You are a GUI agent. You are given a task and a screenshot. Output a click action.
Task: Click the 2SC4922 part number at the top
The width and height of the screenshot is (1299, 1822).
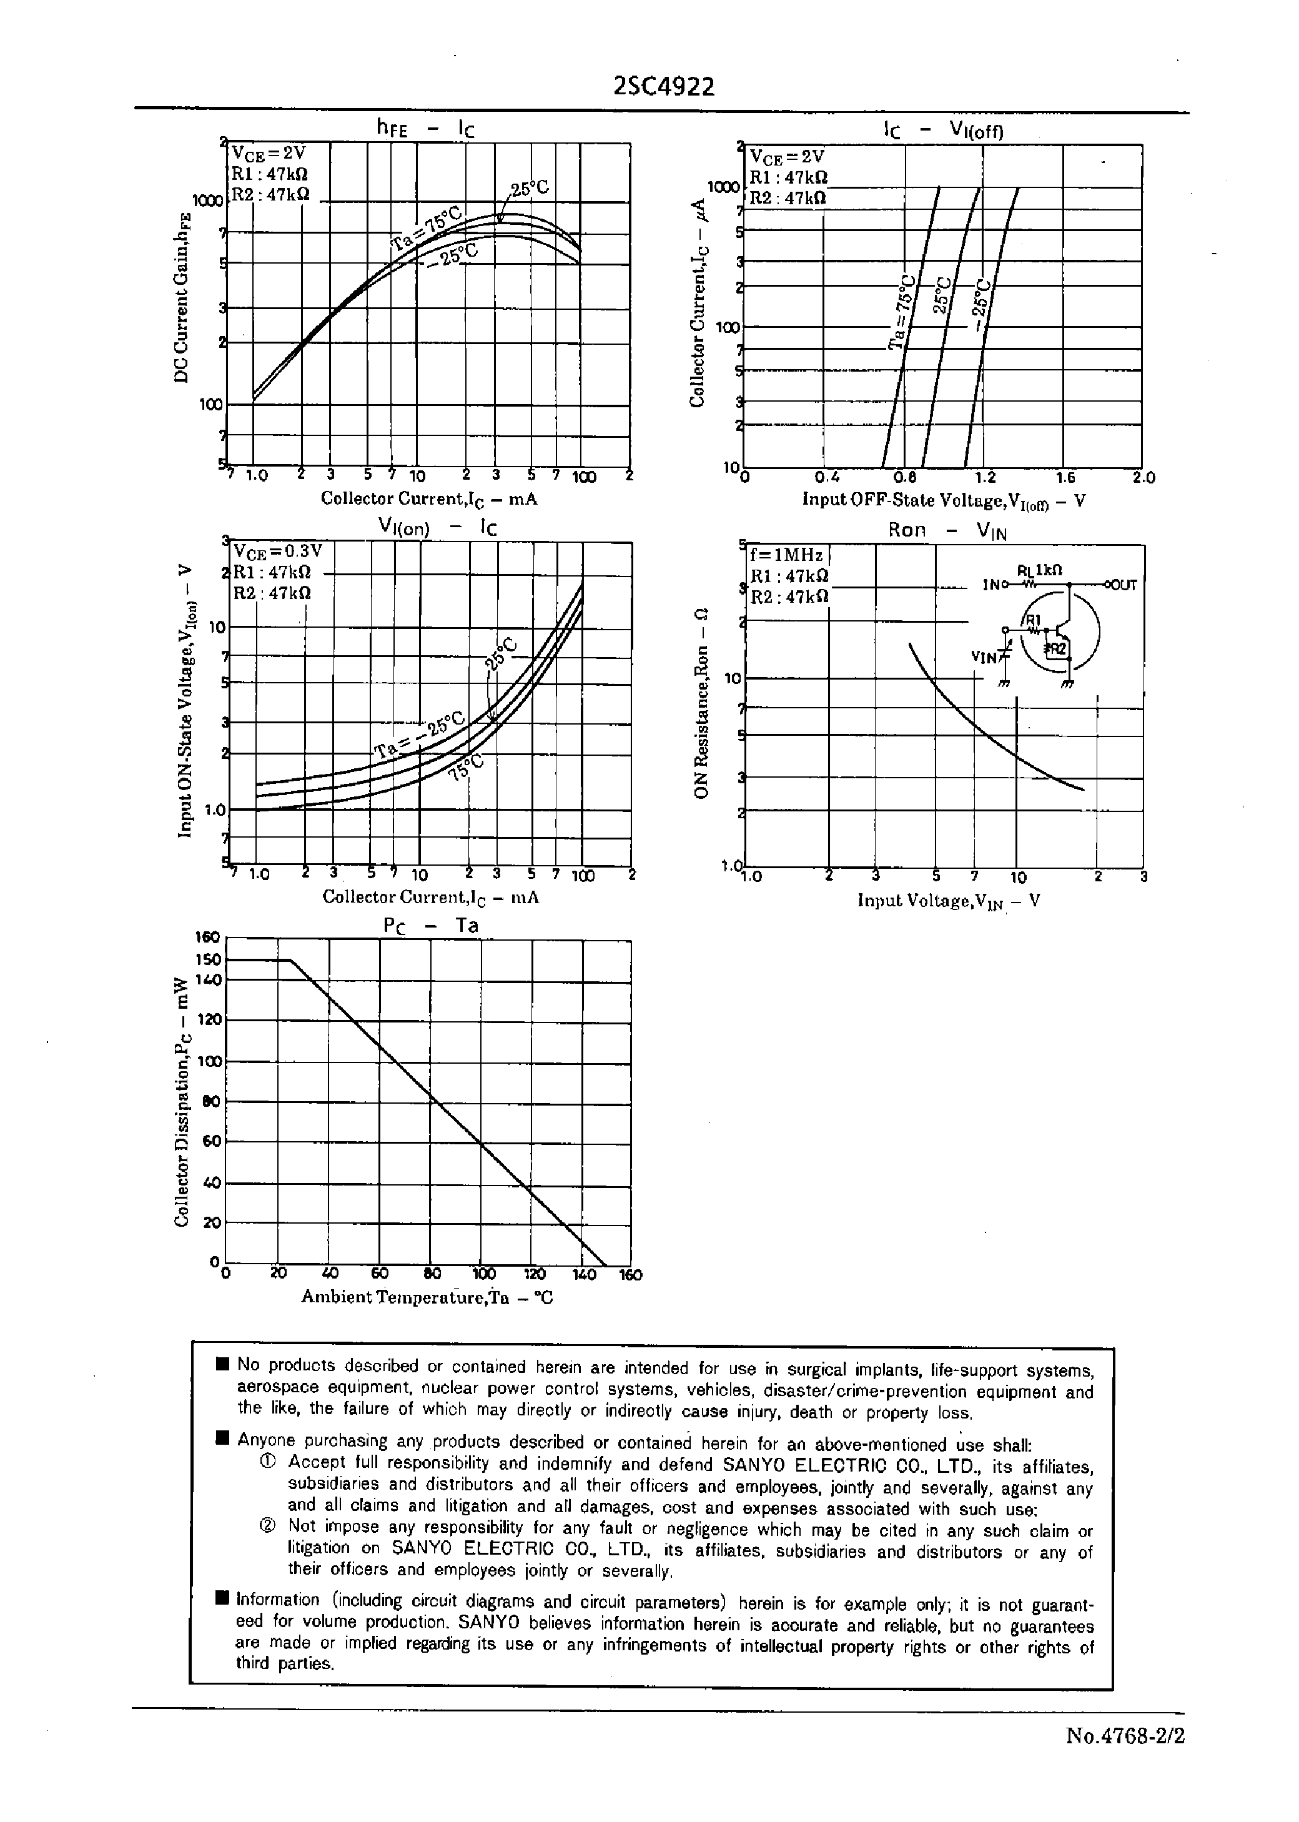[x=664, y=86]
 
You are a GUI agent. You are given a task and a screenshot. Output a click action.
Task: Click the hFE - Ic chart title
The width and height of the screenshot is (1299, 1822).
[x=425, y=127]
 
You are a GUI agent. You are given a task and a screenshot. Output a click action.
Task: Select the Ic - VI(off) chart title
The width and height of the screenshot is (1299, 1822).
[x=943, y=129]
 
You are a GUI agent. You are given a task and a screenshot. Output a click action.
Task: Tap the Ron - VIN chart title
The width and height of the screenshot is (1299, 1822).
[x=947, y=530]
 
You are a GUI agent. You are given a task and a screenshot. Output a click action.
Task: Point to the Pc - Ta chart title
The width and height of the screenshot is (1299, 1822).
[x=430, y=926]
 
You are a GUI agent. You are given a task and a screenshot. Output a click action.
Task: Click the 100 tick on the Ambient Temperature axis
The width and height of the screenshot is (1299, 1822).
[x=484, y=1274]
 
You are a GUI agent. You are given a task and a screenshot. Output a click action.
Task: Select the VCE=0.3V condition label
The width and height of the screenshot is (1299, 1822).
[x=277, y=551]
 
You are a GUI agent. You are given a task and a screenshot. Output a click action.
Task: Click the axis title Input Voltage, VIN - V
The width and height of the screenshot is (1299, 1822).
[x=949, y=901]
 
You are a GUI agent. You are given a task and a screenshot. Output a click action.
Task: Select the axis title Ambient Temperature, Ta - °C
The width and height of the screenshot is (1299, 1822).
[x=427, y=1297]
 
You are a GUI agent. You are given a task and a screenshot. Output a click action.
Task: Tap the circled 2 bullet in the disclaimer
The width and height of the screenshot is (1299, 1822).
[x=267, y=1526]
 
